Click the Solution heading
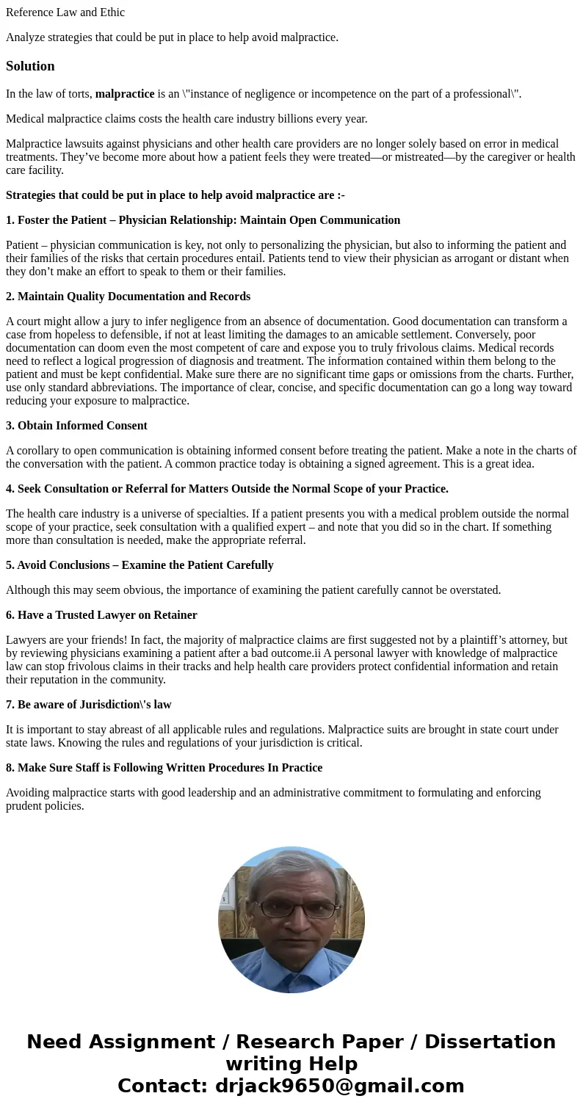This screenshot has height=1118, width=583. [x=30, y=66]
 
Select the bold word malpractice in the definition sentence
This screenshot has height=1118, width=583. [x=125, y=94]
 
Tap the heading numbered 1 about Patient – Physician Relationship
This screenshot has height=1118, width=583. [x=203, y=220]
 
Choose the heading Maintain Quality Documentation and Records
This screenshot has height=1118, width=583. [x=128, y=297]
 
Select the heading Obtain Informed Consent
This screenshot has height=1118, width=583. [x=76, y=426]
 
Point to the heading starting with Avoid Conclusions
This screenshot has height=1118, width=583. [x=140, y=565]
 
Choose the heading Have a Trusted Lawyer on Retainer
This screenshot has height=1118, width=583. [x=101, y=615]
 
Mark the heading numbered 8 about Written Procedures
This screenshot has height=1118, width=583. [x=164, y=768]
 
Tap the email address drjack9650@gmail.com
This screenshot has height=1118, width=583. [x=339, y=1086]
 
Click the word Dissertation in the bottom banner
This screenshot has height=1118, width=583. [x=490, y=1042]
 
